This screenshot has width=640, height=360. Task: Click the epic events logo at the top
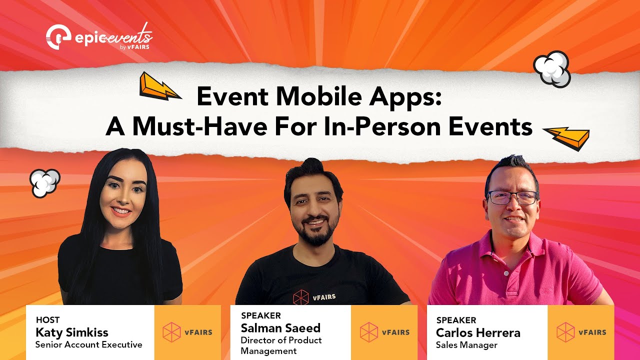99,36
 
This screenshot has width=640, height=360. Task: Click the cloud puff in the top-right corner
552,69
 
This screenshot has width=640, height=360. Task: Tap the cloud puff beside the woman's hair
44,182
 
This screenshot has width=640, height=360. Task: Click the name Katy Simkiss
71,332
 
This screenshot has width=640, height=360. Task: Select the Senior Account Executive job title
88,344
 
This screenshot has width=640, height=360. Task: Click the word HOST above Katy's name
47,320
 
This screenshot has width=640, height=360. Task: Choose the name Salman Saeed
280,328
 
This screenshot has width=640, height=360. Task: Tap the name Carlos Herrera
478,332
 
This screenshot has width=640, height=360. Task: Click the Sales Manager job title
466,345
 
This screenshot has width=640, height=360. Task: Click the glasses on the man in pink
512,197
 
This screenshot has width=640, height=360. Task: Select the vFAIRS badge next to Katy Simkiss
187,332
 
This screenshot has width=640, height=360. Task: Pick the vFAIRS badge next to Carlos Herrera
581,332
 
